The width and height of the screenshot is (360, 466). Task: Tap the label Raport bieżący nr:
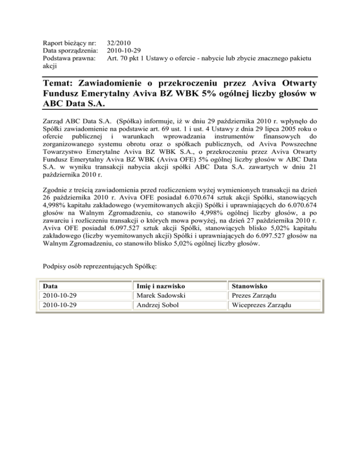[69, 42]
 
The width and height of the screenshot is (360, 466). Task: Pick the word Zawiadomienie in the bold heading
[120, 83]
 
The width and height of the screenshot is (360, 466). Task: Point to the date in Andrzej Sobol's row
[60, 305]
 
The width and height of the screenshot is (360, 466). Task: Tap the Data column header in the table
[50, 286]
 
